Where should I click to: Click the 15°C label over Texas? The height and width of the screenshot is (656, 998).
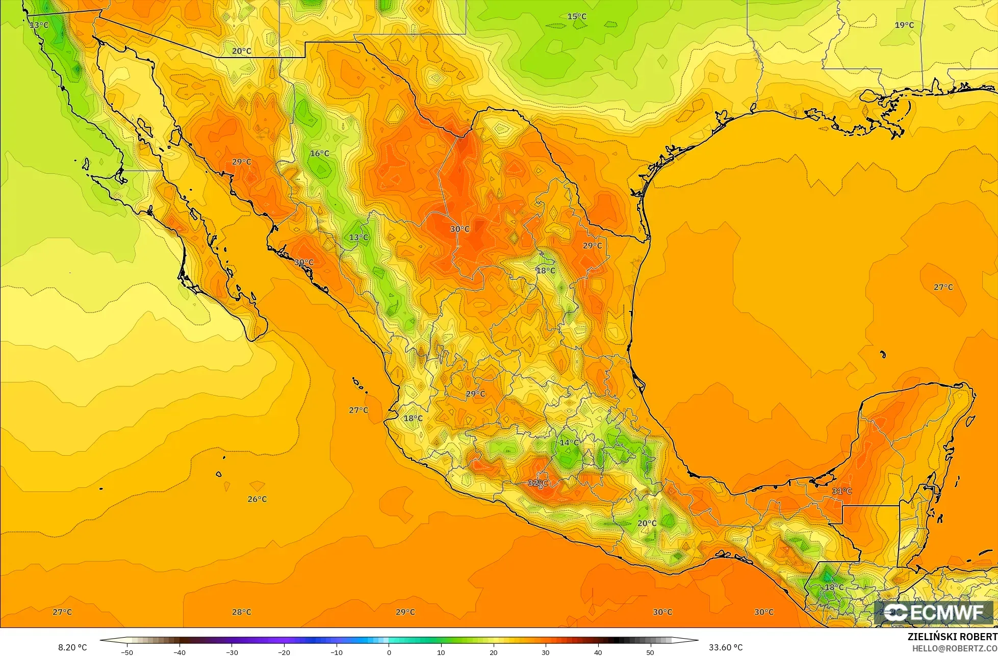[577, 17]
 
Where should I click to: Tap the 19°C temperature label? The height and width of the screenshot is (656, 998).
[904, 25]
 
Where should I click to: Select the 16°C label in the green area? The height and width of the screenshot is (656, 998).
[319, 153]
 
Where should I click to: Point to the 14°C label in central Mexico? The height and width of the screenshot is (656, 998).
[569, 442]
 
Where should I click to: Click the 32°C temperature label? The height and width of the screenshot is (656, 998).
[538, 483]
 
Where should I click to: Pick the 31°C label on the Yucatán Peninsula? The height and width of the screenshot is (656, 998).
[842, 491]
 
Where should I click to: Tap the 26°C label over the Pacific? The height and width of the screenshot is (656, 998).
[257, 499]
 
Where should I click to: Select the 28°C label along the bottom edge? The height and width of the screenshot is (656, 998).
[241, 612]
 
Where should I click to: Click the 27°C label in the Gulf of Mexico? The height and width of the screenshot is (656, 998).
[943, 287]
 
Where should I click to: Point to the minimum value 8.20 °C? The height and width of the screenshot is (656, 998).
[72, 648]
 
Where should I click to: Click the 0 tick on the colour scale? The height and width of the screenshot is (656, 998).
[389, 652]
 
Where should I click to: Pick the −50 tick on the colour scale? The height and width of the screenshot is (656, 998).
[126, 652]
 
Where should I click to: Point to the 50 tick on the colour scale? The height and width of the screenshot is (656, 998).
[650, 652]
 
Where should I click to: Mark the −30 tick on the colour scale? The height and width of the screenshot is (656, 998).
[232, 652]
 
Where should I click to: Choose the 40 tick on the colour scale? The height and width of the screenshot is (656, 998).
[598, 652]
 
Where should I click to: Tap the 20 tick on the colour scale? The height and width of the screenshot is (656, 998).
[493, 652]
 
